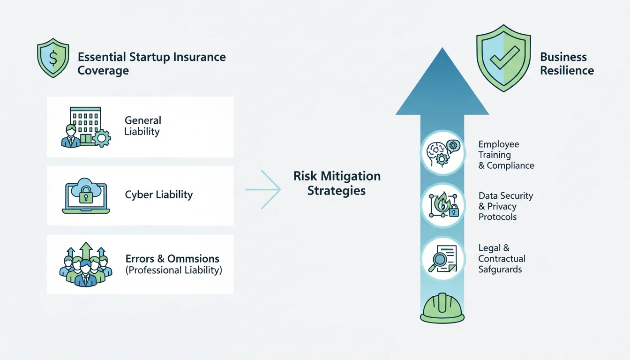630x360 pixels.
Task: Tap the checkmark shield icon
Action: coord(503,59)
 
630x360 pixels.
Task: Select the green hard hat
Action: coord(442,308)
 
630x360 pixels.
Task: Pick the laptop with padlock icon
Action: coord(86,195)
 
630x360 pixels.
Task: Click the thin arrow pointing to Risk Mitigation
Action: coord(263,189)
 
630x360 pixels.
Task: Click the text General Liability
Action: coord(142,126)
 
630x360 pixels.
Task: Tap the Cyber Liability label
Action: coord(158,195)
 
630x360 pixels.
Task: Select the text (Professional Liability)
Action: coord(173,270)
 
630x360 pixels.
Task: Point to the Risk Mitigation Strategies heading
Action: coord(337,183)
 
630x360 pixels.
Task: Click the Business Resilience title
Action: coord(566,64)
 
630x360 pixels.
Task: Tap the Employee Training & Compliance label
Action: coord(506,155)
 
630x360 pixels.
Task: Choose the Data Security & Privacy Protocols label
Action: coord(505,206)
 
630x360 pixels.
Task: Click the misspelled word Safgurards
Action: coord(500,270)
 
